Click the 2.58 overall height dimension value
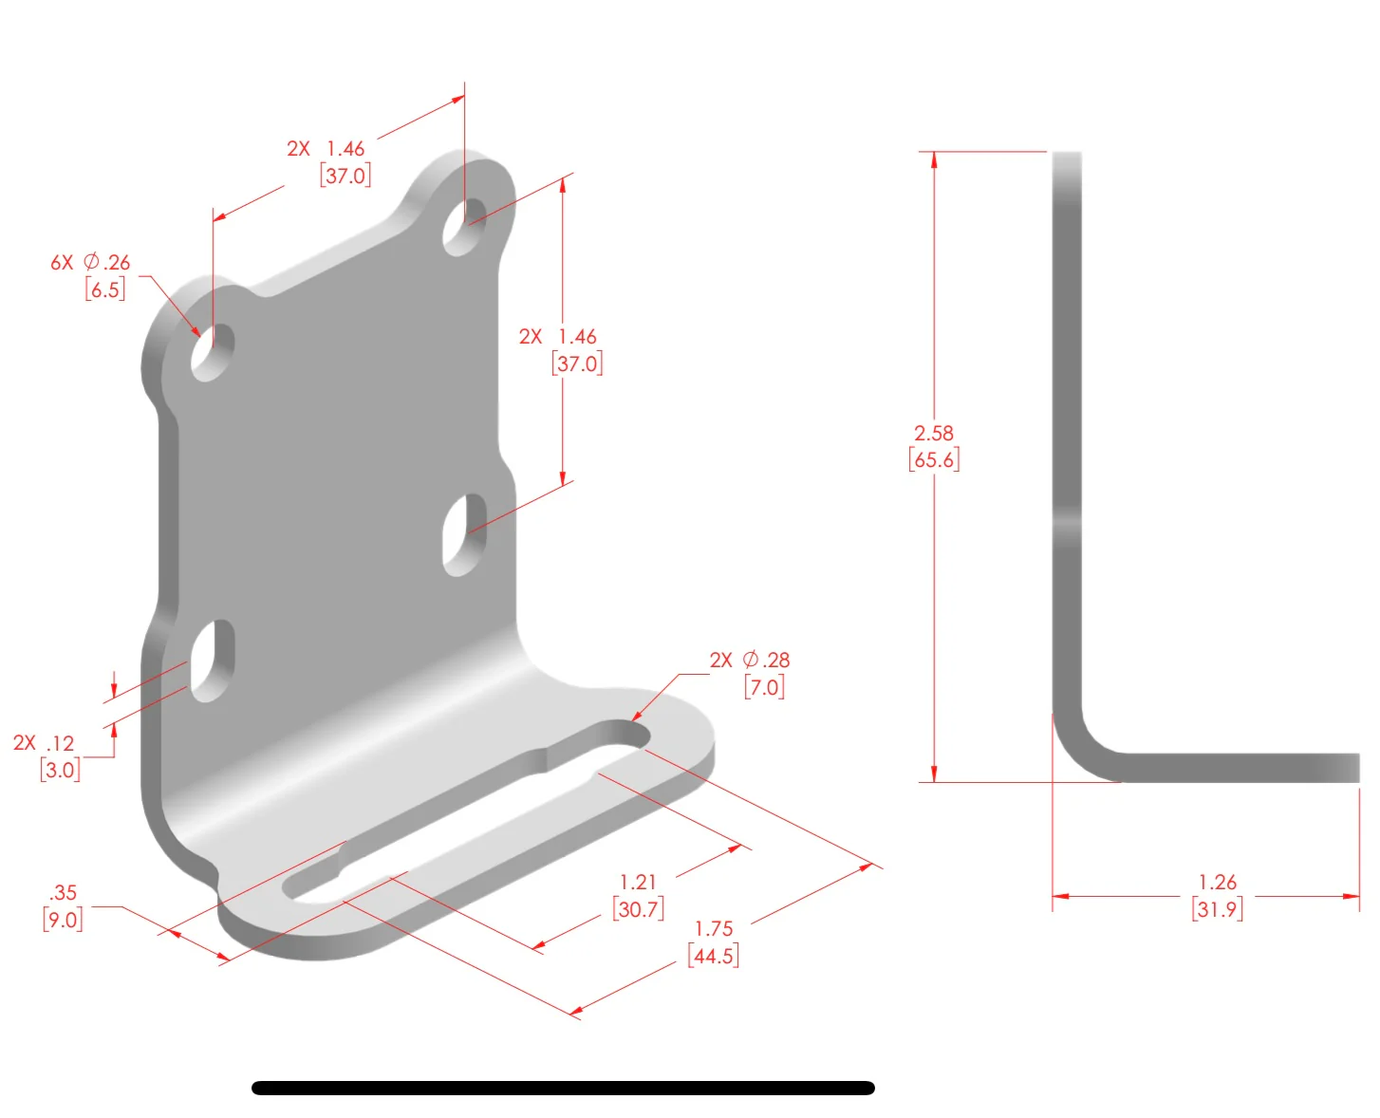pyautogui.click(x=933, y=433)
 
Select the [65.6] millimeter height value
pyautogui.click(x=934, y=460)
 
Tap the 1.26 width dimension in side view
pyautogui.click(x=1217, y=883)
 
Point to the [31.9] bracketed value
pyautogui.click(x=1217, y=909)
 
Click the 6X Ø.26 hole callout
pyautogui.click(x=91, y=263)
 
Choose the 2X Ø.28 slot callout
pyautogui.click(x=749, y=660)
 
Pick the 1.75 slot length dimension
pyautogui.click(x=714, y=929)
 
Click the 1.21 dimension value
pyautogui.click(x=638, y=883)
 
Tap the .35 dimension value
pyautogui.click(x=63, y=893)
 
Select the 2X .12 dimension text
pyautogui.click(x=44, y=743)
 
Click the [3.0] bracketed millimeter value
pyautogui.click(x=60, y=770)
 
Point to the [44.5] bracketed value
pyautogui.click(x=714, y=956)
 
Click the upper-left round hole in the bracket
pyautogui.click(x=213, y=352)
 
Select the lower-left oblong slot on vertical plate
pyautogui.click(x=213, y=661)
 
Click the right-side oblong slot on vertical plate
pyautogui.click(x=465, y=534)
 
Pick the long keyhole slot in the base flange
pyautogui.click(x=465, y=811)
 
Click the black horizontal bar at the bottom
pyautogui.click(x=563, y=1088)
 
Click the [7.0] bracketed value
pyautogui.click(x=764, y=686)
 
